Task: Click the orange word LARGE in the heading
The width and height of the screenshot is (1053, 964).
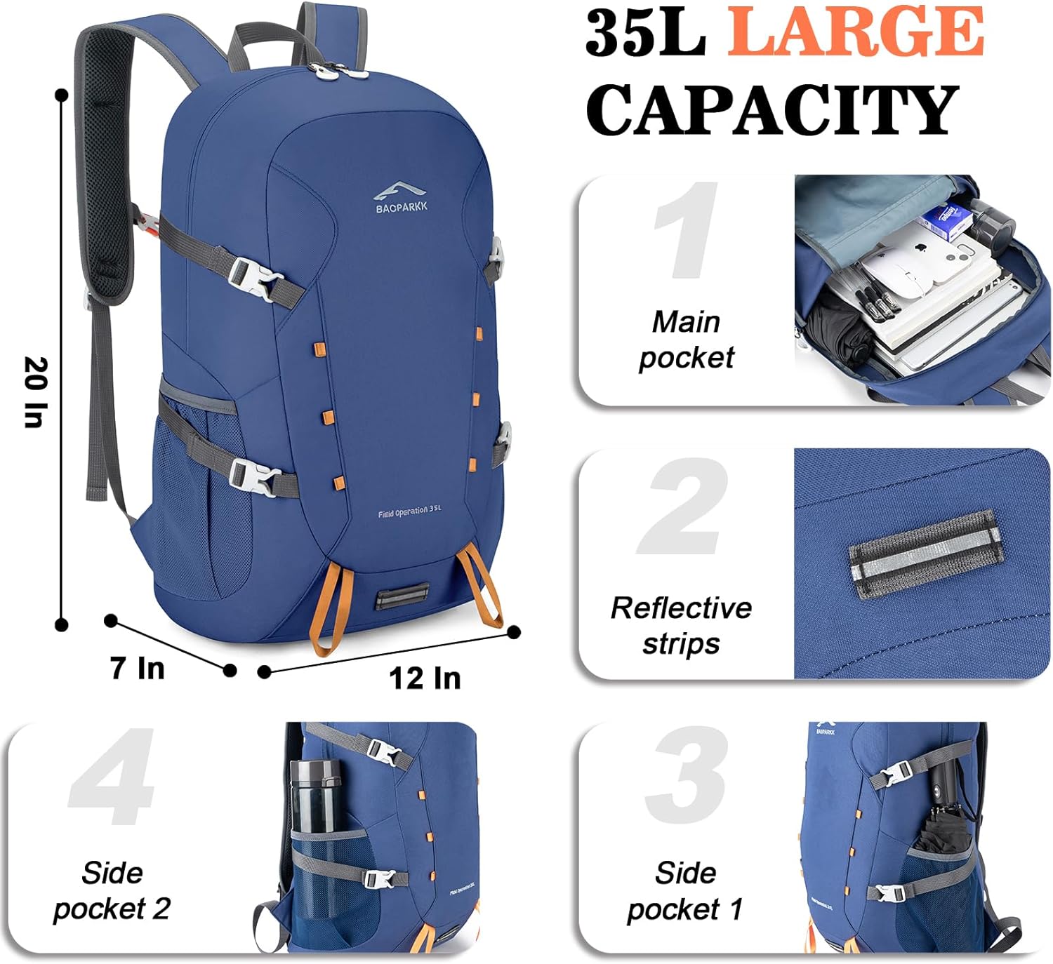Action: pyautogui.click(x=855, y=32)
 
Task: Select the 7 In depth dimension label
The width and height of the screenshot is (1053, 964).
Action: pyautogui.click(x=138, y=668)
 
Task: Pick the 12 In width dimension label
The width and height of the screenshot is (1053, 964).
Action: pyautogui.click(x=425, y=678)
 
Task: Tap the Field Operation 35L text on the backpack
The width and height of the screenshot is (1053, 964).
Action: pyautogui.click(x=410, y=511)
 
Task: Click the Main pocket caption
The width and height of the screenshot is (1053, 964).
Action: pyautogui.click(x=686, y=340)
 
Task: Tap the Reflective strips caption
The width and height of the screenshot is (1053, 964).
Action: pyautogui.click(x=681, y=625)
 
